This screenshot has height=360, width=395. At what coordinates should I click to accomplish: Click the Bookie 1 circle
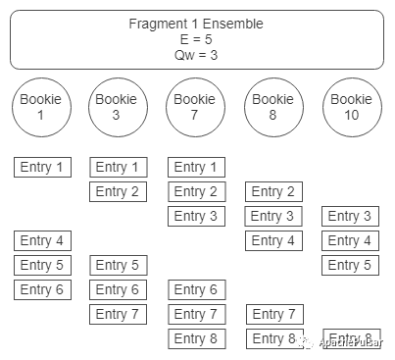pos(42,108)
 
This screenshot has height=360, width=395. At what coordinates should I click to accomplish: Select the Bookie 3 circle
pos(118,108)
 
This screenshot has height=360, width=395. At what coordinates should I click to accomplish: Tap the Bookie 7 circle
pos(195,108)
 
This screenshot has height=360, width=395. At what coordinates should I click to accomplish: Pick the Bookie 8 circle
pos(273,108)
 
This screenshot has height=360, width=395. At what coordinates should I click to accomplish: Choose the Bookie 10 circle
pos(352,108)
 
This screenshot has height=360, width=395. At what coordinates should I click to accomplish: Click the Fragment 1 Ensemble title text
pos(197,23)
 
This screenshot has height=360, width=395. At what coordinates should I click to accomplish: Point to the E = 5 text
pos(197,39)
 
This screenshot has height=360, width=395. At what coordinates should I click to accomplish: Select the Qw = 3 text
pos(197,55)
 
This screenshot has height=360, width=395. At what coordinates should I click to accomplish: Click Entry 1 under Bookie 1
pos(42,167)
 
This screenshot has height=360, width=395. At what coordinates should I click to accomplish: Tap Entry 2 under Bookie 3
pos(118,191)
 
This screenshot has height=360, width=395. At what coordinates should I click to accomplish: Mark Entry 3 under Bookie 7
pos(196,216)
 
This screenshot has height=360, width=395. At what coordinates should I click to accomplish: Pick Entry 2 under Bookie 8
pos(273,191)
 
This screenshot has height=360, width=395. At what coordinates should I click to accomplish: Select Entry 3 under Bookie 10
pos(351,216)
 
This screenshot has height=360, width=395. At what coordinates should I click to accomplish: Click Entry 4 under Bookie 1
pos(42,240)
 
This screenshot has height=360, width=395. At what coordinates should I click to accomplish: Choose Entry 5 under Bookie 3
pos(118,265)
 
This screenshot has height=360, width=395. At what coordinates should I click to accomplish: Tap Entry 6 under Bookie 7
pos(196,289)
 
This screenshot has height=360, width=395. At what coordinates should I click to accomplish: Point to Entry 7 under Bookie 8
pos(273,314)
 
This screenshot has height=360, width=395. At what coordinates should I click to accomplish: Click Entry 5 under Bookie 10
pos(351,265)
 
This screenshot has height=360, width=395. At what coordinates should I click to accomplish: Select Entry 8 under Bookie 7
pos(196,338)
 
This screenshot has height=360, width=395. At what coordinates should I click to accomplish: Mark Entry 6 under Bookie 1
pos(42,289)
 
